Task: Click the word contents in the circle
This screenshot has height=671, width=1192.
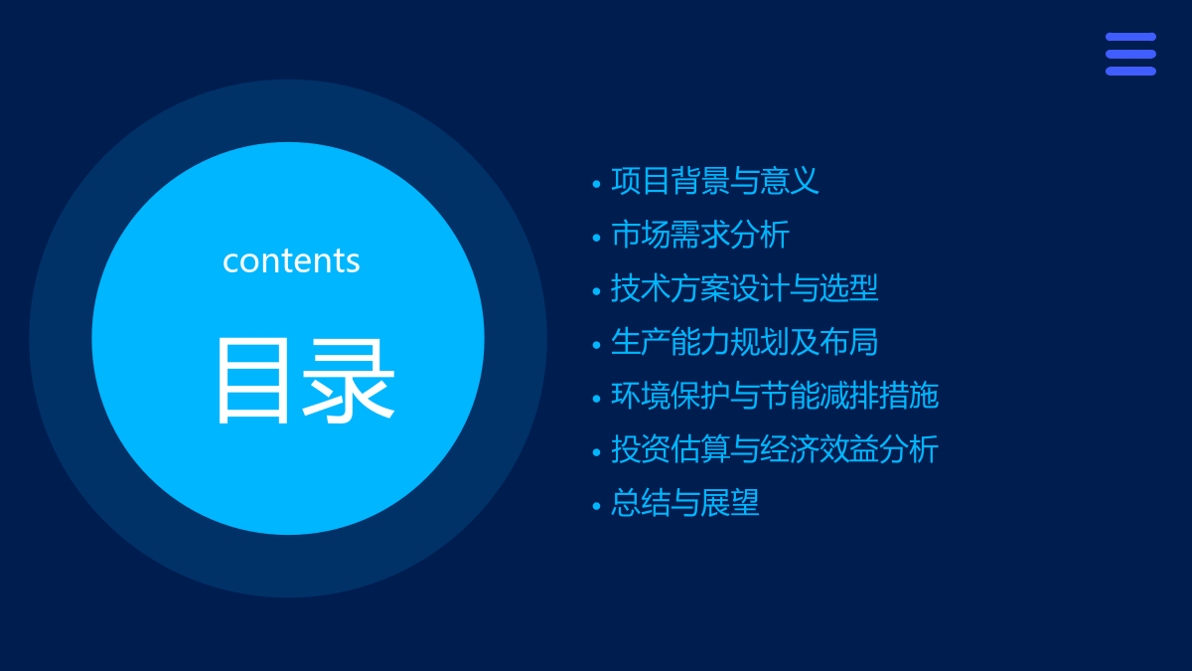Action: click(291, 260)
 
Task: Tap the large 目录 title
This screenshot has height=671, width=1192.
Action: click(306, 382)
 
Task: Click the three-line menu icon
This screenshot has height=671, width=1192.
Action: click(1130, 54)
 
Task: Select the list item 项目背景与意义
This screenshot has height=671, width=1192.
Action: click(714, 181)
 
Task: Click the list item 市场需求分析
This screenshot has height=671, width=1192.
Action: click(699, 235)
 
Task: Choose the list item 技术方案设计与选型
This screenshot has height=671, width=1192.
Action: click(744, 288)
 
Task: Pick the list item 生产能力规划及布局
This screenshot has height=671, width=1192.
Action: click(744, 342)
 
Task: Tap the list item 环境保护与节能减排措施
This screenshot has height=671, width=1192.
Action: click(774, 396)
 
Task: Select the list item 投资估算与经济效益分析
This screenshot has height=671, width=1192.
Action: click(774, 449)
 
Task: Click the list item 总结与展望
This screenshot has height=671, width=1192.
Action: click(684, 503)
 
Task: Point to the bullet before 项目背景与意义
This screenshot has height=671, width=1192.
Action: click(596, 184)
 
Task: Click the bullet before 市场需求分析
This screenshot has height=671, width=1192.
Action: click(596, 238)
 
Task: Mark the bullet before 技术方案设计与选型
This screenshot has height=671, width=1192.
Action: click(596, 291)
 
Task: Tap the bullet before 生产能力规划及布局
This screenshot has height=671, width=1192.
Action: click(596, 345)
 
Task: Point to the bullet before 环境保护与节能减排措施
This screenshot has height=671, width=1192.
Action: click(596, 399)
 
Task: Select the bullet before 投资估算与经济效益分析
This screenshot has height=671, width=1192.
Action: click(596, 452)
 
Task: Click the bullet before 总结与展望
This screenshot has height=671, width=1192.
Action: click(596, 506)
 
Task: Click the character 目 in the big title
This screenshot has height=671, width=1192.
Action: click(252, 382)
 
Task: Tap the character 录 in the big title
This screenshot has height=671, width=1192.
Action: click(349, 382)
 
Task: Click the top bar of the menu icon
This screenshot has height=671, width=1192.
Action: click(1130, 37)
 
